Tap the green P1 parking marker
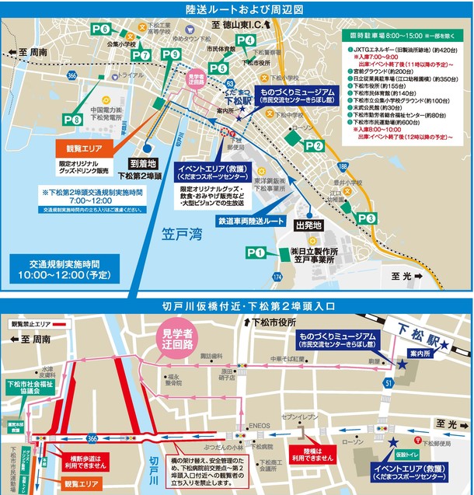256,253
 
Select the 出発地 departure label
308,225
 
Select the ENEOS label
259,426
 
